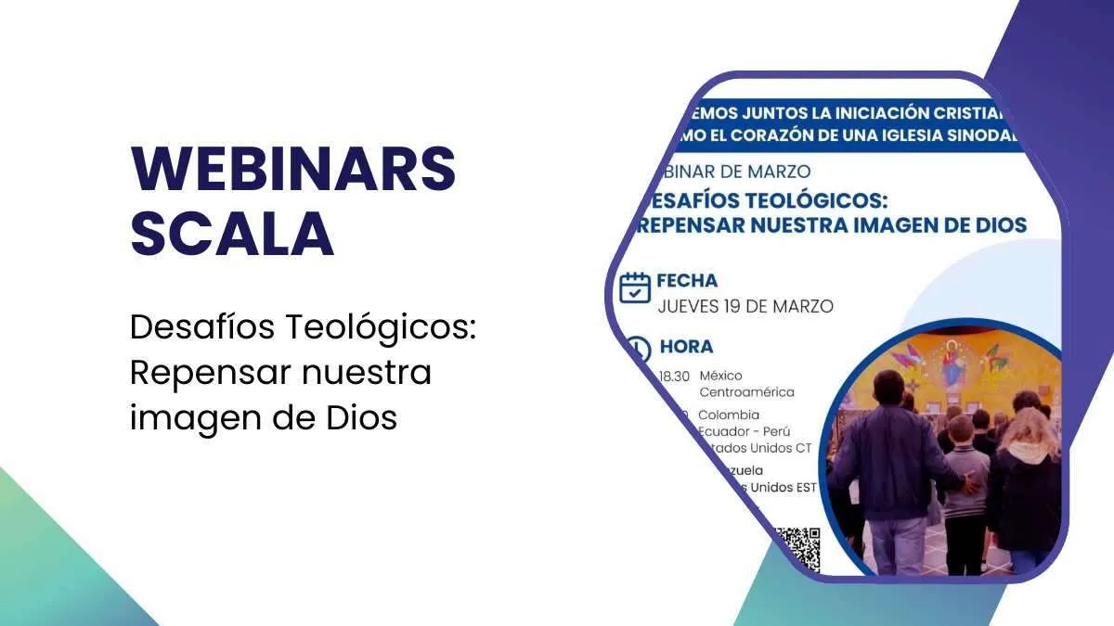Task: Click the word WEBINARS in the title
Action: pos(293,169)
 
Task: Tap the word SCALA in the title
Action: pos(232,234)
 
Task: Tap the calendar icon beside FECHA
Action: pos(635,287)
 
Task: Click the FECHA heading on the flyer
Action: pos(687,280)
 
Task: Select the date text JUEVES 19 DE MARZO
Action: pos(745,306)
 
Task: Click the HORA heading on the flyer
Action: pos(686,347)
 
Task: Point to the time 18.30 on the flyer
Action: pos(674,376)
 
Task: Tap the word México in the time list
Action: pos(722,376)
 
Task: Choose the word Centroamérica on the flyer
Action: pos(746,392)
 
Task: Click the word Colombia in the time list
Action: pos(729,415)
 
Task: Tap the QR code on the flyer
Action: pos(797,548)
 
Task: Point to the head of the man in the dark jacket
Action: pos(888,387)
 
